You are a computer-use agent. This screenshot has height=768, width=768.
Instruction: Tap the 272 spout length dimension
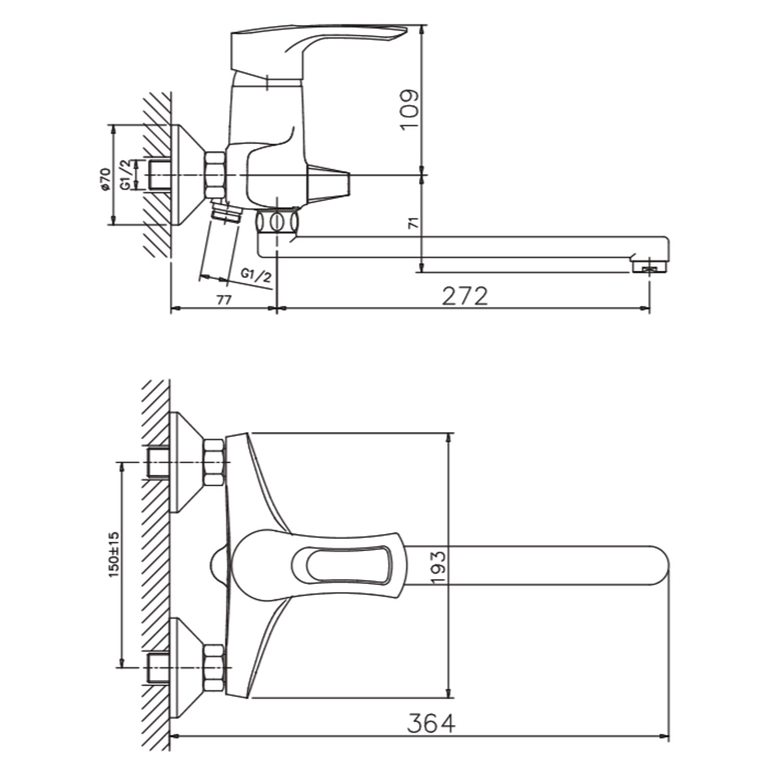point(465,296)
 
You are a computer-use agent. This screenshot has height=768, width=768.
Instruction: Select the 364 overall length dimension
point(431,724)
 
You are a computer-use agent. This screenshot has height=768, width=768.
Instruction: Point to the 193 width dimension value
point(438,567)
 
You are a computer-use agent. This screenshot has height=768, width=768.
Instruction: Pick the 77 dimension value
point(223,300)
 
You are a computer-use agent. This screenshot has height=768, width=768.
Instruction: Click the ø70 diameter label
point(105,179)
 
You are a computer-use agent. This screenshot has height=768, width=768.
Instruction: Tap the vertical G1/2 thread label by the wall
point(125,175)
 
